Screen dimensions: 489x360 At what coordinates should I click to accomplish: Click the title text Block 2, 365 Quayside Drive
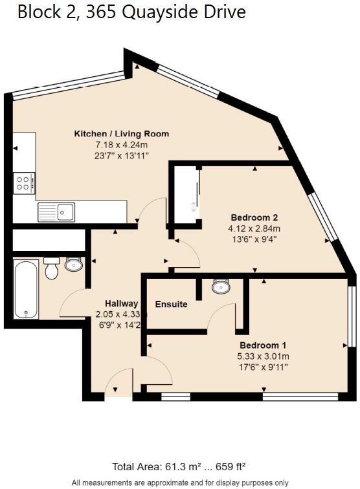(x=131, y=12)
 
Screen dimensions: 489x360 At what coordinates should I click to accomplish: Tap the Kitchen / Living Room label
(x=122, y=134)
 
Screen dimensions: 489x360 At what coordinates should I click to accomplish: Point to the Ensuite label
(x=171, y=304)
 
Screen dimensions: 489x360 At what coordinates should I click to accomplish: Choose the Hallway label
(x=122, y=303)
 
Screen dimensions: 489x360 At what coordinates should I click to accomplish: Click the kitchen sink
(x=56, y=211)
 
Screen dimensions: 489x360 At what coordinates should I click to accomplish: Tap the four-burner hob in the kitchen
(x=25, y=182)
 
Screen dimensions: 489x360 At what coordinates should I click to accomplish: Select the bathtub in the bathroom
(x=27, y=289)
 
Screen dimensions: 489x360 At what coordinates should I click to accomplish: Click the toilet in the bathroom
(x=52, y=269)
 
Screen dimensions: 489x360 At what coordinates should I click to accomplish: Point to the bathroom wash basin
(x=74, y=264)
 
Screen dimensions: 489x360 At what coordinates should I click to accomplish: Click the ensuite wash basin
(x=220, y=286)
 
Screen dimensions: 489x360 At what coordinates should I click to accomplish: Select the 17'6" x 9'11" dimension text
(x=263, y=367)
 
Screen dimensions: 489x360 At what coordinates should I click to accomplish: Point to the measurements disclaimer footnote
(x=180, y=483)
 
